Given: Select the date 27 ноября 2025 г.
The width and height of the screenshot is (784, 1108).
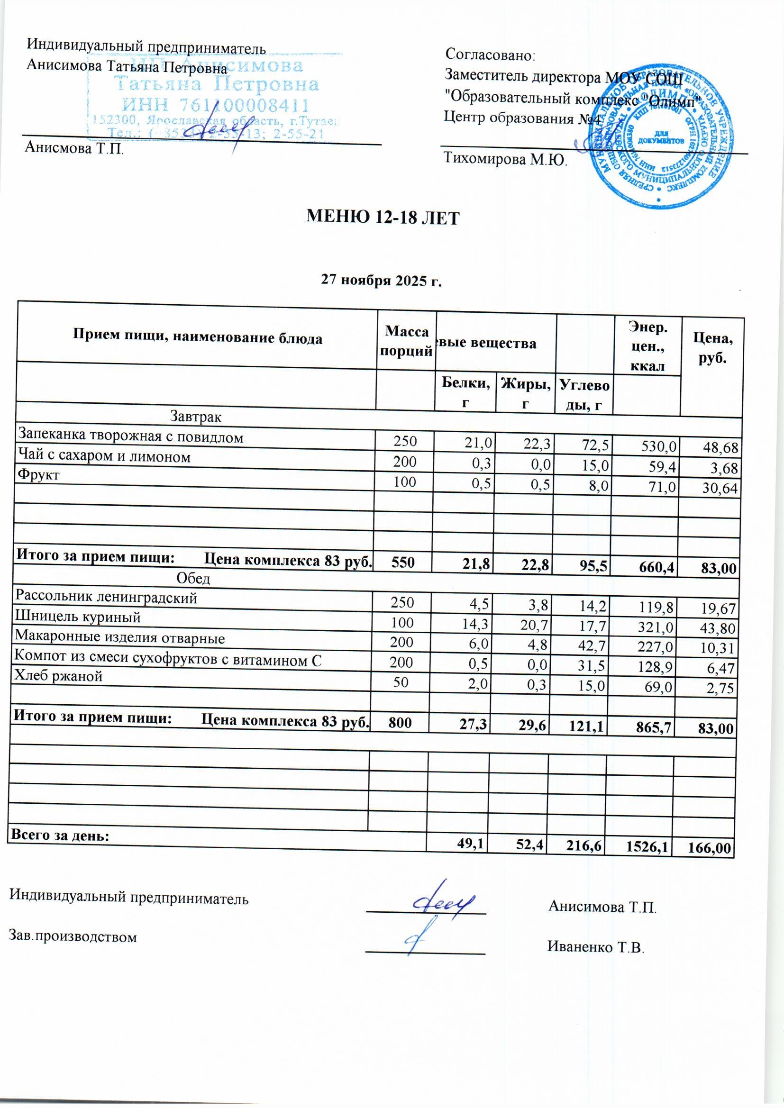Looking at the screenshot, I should point(382,281).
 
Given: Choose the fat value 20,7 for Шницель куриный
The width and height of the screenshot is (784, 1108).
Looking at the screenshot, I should point(531,628).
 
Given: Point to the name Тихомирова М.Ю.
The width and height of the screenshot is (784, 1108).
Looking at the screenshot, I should point(505,160).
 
